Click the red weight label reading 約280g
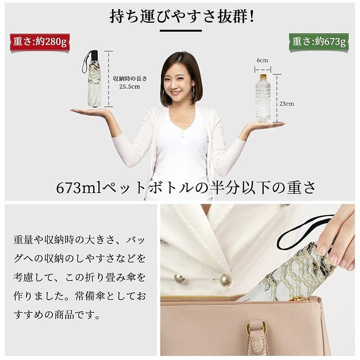click(40, 42)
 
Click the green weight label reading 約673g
click(319, 42)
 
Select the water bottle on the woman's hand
click(263, 98)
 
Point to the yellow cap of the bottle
click(263, 76)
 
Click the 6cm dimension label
click(262, 60)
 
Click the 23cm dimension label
click(287, 104)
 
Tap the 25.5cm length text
click(130, 86)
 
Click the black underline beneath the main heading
click(181, 31)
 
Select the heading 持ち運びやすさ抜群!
click(182, 16)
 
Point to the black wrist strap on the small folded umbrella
click(86, 62)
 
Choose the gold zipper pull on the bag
click(299, 299)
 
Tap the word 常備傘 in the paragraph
click(90, 296)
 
